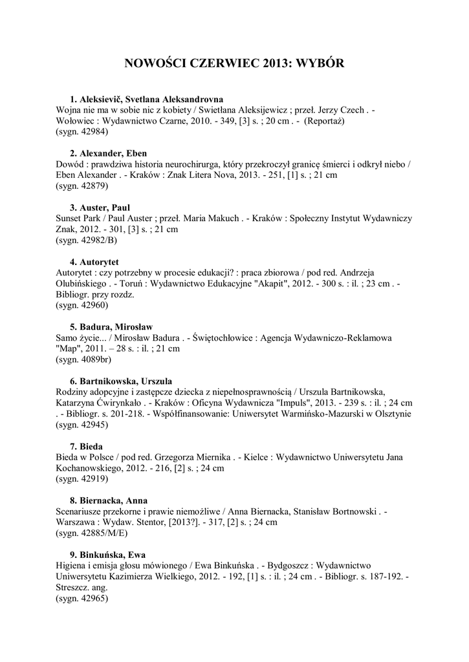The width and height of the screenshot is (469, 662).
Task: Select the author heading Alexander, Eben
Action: (x=113, y=153)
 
